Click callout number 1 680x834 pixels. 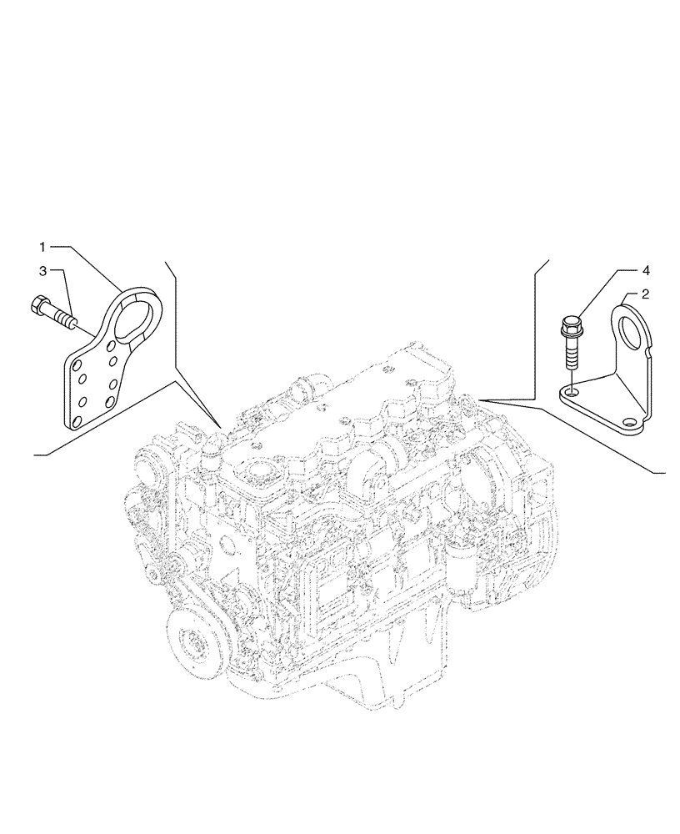coord(42,247)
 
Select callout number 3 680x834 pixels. coord(42,270)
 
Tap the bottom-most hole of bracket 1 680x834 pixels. coord(77,423)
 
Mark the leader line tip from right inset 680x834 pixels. coord(482,399)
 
